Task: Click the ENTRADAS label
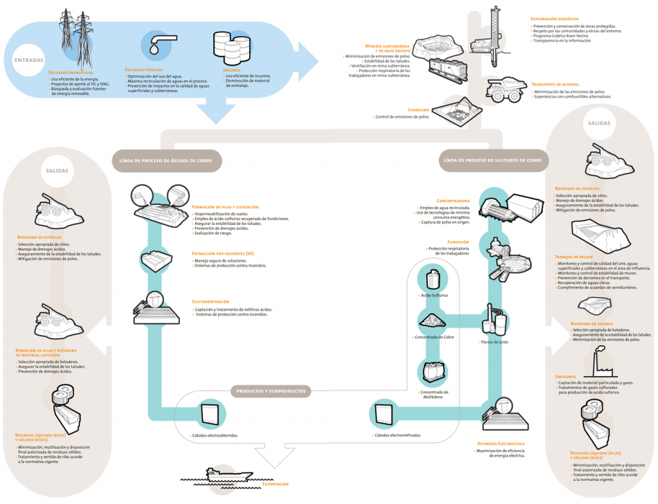29,60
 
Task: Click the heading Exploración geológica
555,19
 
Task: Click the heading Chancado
418,110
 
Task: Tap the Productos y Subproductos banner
271,391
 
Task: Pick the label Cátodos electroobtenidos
215,435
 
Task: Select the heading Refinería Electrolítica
501,444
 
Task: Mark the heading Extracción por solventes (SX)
222,253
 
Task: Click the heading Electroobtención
210,301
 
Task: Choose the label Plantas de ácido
494,342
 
